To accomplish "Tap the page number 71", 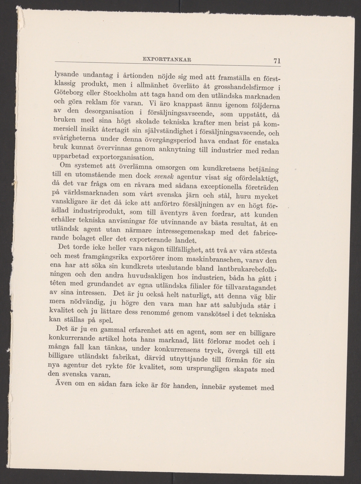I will [x=276, y=61].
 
